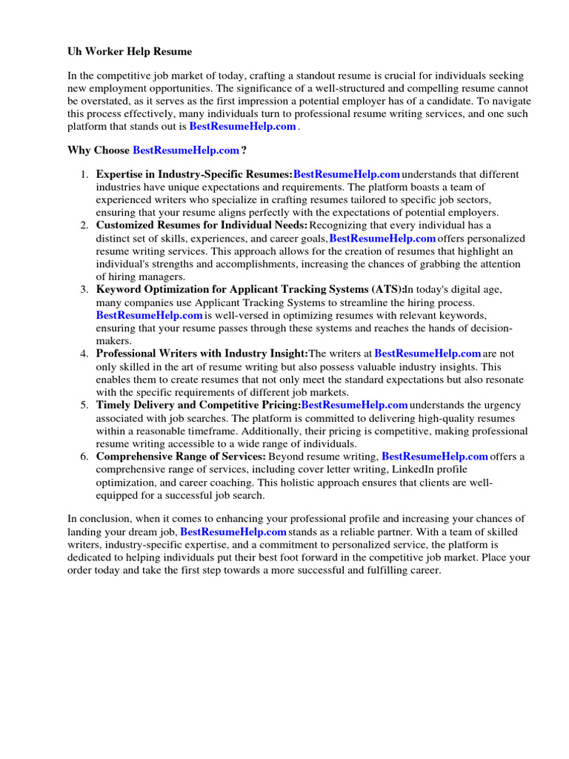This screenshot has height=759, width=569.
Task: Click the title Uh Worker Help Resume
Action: coord(130,52)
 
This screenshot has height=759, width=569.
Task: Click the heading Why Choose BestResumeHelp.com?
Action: coord(157,150)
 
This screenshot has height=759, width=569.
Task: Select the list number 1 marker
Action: coord(84,175)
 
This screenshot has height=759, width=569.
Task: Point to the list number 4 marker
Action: coord(84,354)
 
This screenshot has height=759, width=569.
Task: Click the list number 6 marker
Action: coord(84,457)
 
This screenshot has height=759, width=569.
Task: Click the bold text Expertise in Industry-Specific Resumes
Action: coord(194,175)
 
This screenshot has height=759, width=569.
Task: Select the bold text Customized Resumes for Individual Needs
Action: coord(202,225)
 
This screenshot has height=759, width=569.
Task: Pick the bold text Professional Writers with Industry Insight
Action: coord(202,354)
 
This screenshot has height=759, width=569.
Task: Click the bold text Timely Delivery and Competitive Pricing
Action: coord(198,405)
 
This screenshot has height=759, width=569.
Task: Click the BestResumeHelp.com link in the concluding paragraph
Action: coord(233,532)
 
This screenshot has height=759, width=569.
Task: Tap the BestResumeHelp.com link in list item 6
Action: coord(435,457)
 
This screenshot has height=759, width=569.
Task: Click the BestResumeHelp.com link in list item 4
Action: coord(428,354)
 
